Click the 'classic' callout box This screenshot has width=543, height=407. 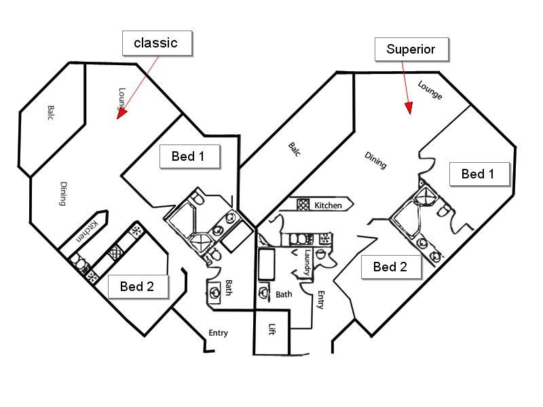tap(157, 43)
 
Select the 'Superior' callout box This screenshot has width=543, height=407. tap(411, 50)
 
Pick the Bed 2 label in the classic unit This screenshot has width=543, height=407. tap(138, 286)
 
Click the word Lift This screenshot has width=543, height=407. tap(272, 329)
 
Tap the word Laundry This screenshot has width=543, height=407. tap(307, 263)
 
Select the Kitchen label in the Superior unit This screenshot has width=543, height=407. tap(328, 206)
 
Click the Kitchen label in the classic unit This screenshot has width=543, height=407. tap(87, 231)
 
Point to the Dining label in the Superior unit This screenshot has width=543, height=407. tap(376, 161)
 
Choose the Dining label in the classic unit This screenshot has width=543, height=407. tap(63, 193)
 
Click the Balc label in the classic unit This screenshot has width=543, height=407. tap(50, 113)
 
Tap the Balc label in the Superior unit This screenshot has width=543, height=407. tap(295, 149)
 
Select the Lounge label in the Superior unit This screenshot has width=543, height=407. tap(430, 90)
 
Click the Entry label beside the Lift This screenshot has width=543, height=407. tap(321, 300)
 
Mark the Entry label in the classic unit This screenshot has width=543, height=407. tap(218, 333)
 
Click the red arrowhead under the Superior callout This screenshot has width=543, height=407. tap(409, 108)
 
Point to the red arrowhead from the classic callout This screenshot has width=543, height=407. tap(121, 113)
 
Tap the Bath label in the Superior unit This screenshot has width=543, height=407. tap(284, 294)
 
